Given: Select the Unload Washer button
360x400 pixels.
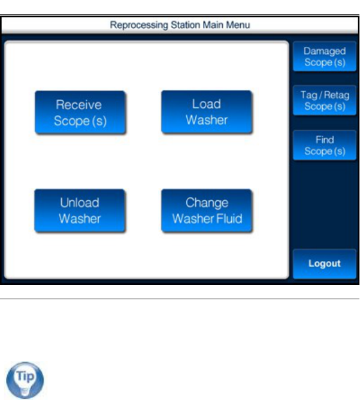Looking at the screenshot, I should pos(80,210).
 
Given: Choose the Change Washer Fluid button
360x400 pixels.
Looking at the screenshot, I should pos(207,210).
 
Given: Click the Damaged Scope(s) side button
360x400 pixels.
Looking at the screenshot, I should pos(324,56).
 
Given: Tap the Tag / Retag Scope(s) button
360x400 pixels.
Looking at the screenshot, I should pos(324,100).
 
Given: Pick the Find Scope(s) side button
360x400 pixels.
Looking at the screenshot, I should pos(324,145).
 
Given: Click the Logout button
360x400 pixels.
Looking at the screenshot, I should pos(324,263).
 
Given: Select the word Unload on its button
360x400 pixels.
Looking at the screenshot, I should pos(80,203).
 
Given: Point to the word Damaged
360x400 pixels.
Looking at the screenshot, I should pos(324,51).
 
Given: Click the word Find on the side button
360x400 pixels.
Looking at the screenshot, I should pos(324,140).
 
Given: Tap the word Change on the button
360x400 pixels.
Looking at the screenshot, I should pos(207,203).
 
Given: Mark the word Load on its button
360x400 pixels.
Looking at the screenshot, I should pos(207,104).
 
